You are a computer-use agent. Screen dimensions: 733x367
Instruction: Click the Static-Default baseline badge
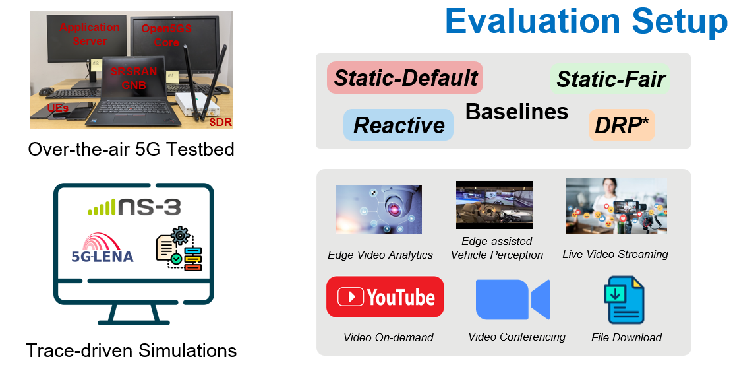405,78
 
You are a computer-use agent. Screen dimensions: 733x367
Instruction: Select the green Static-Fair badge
610,79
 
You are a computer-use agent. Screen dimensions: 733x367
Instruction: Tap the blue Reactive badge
399,125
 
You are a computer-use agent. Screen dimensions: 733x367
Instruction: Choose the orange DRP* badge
622,125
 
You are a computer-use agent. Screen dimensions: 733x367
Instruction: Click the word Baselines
517,112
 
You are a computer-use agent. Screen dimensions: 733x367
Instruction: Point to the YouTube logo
385,297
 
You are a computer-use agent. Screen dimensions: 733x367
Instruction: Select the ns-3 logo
134,207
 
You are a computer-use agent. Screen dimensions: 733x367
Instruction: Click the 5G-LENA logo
102,247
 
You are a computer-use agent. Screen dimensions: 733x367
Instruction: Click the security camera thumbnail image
379,209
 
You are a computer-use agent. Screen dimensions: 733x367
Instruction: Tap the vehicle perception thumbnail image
494,205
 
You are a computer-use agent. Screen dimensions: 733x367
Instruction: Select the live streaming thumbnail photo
616,206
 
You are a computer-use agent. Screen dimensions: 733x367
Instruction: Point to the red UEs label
57,108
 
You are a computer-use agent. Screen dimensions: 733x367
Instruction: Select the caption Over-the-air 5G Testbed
131,150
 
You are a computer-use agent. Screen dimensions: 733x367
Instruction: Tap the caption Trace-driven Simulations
131,350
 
